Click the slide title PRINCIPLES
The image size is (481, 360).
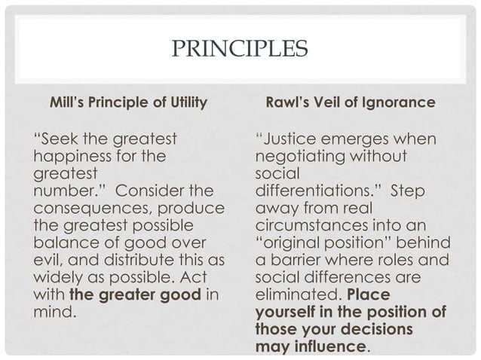(240, 52)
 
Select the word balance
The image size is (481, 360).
(66, 242)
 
